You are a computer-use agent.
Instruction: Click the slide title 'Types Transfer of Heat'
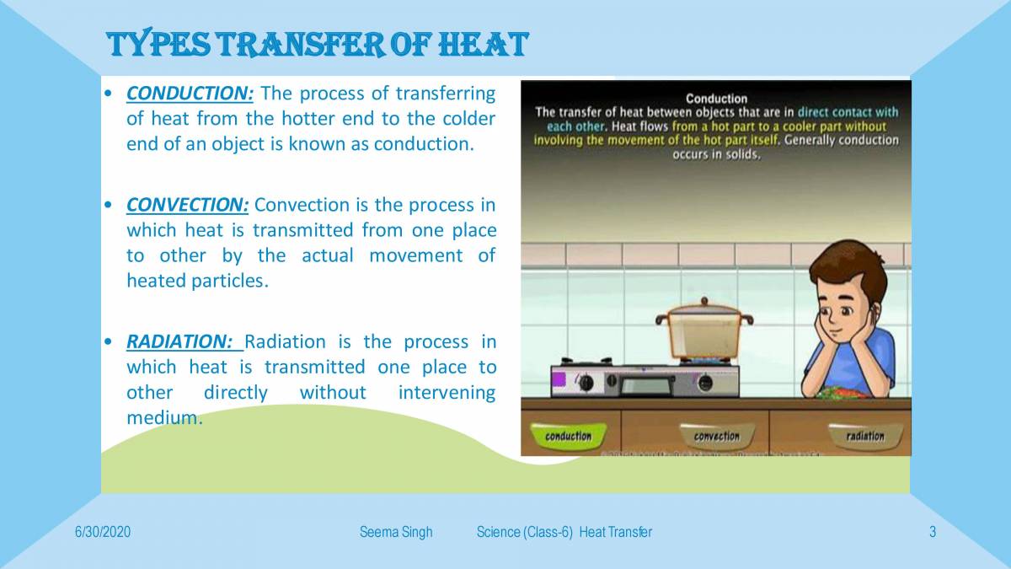[x=318, y=44]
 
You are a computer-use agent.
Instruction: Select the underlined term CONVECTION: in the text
[x=187, y=205]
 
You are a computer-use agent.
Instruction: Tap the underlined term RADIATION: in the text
[x=179, y=341]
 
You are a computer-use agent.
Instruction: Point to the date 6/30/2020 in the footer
[x=103, y=532]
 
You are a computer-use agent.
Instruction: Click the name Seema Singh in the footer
[x=396, y=532]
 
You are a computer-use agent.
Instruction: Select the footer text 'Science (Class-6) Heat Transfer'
[x=564, y=532]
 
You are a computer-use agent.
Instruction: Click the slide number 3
[x=933, y=532]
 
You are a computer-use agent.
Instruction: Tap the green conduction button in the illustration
[x=569, y=436]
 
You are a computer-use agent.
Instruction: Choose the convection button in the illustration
[x=716, y=436]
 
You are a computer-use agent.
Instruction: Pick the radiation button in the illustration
[x=865, y=436]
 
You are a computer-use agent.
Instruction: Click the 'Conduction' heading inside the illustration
[x=716, y=99]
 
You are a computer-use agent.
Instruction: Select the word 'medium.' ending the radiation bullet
[x=164, y=418]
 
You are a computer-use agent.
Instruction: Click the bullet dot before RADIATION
[x=108, y=342]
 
